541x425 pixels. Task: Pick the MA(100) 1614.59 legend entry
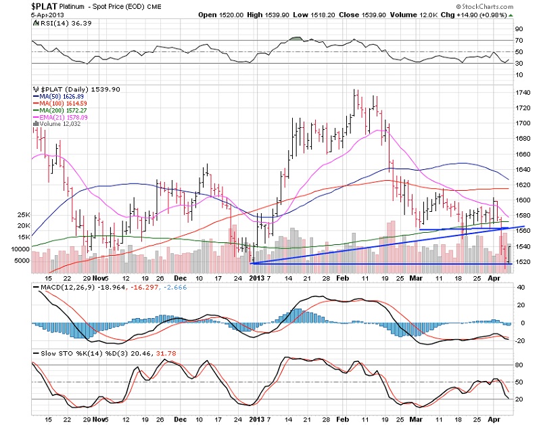[x=61, y=103]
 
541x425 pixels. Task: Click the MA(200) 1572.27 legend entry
[x=61, y=110]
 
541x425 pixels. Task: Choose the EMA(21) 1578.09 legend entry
[x=62, y=116]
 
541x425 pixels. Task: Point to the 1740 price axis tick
[x=523, y=93]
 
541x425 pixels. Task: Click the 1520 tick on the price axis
[x=523, y=261]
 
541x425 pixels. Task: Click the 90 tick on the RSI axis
[x=519, y=29]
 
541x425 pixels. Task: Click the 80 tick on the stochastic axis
[x=519, y=365]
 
